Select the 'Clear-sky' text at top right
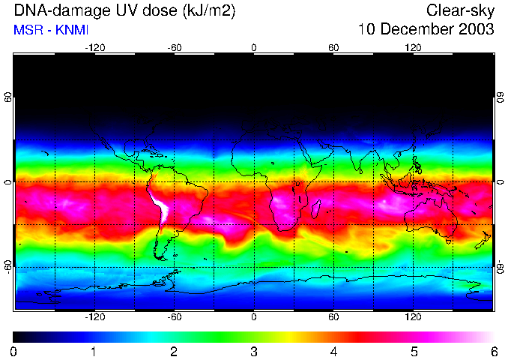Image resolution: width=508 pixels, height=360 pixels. click(460, 11)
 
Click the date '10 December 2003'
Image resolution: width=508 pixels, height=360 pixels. click(426, 30)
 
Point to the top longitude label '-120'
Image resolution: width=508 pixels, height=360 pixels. click(94, 47)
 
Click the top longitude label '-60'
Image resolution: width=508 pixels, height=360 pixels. click(174, 47)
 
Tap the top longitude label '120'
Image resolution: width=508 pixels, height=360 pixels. click(413, 47)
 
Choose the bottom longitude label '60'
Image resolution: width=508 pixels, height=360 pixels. click(333, 317)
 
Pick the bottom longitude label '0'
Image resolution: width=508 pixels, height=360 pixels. click(254, 317)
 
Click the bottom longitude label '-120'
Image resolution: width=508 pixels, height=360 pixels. click(94, 317)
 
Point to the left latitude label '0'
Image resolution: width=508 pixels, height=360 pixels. click(7, 182)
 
